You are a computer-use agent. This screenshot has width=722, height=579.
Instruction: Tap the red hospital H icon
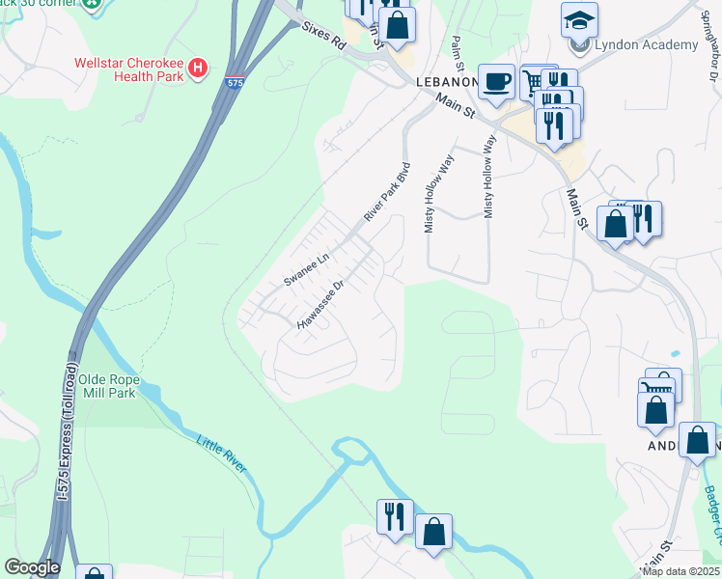198,68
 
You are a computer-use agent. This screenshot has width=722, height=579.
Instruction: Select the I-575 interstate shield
234,82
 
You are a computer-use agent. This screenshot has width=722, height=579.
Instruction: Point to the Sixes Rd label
322,36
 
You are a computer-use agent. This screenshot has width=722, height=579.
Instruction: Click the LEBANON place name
445,82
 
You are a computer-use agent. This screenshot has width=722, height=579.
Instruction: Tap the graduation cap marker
579,20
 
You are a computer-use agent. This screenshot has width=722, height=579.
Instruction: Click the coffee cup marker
497,81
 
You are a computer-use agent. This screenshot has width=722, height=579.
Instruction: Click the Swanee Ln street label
307,269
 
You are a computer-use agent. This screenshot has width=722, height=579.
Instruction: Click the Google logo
32,567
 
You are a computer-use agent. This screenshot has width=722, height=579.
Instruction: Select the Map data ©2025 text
680,571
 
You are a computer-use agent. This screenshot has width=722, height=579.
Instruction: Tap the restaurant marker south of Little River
396,516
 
